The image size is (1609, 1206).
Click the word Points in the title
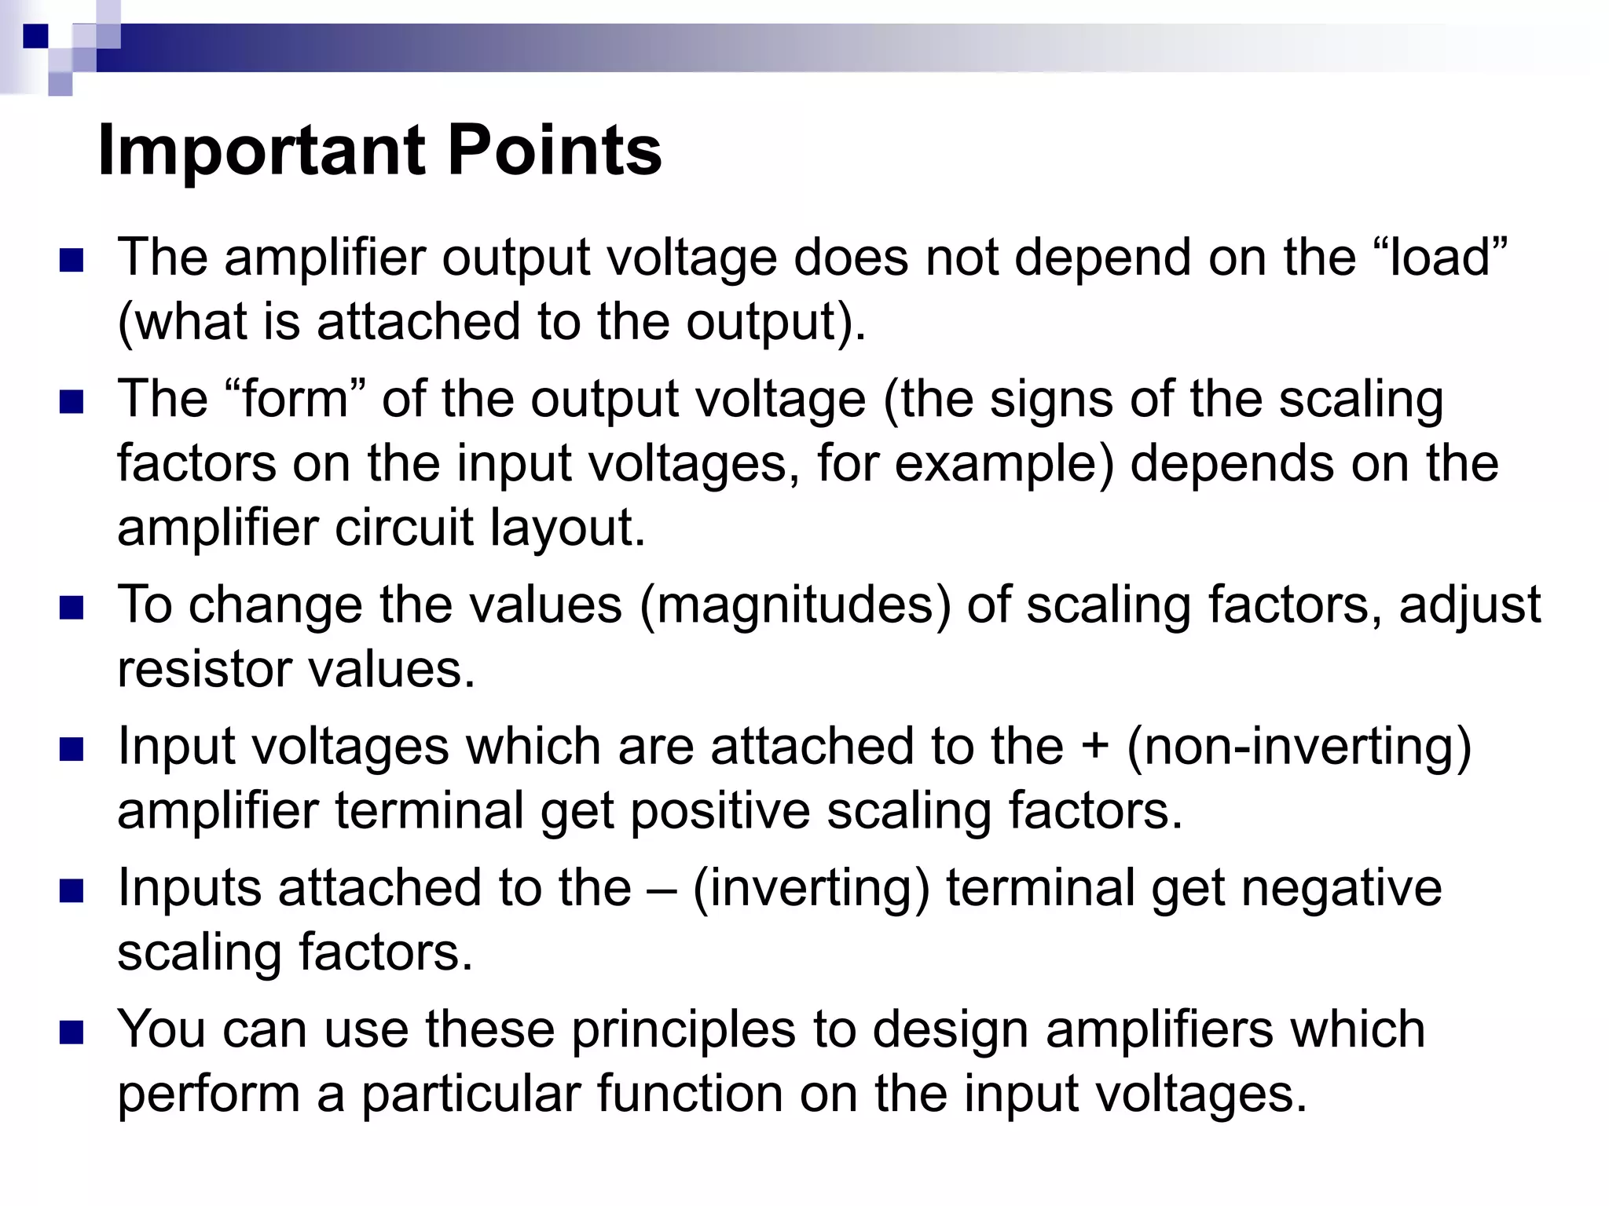(555, 151)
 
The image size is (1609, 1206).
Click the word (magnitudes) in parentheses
(795, 605)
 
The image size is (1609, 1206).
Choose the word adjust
(1470, 605)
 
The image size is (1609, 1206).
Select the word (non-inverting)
(1299, 746)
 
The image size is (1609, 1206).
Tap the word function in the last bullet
(689, 1094)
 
